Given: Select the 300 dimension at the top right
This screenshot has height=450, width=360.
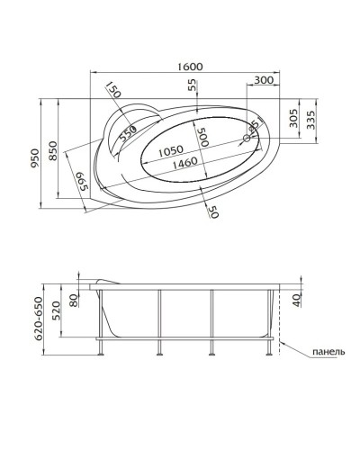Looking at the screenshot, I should tap(264, 80).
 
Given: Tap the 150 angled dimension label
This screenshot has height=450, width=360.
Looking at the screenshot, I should tap(112, 91).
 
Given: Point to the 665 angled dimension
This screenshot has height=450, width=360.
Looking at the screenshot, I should tap(81, 186).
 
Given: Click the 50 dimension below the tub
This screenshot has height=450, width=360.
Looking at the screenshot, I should tap(213, 211).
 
